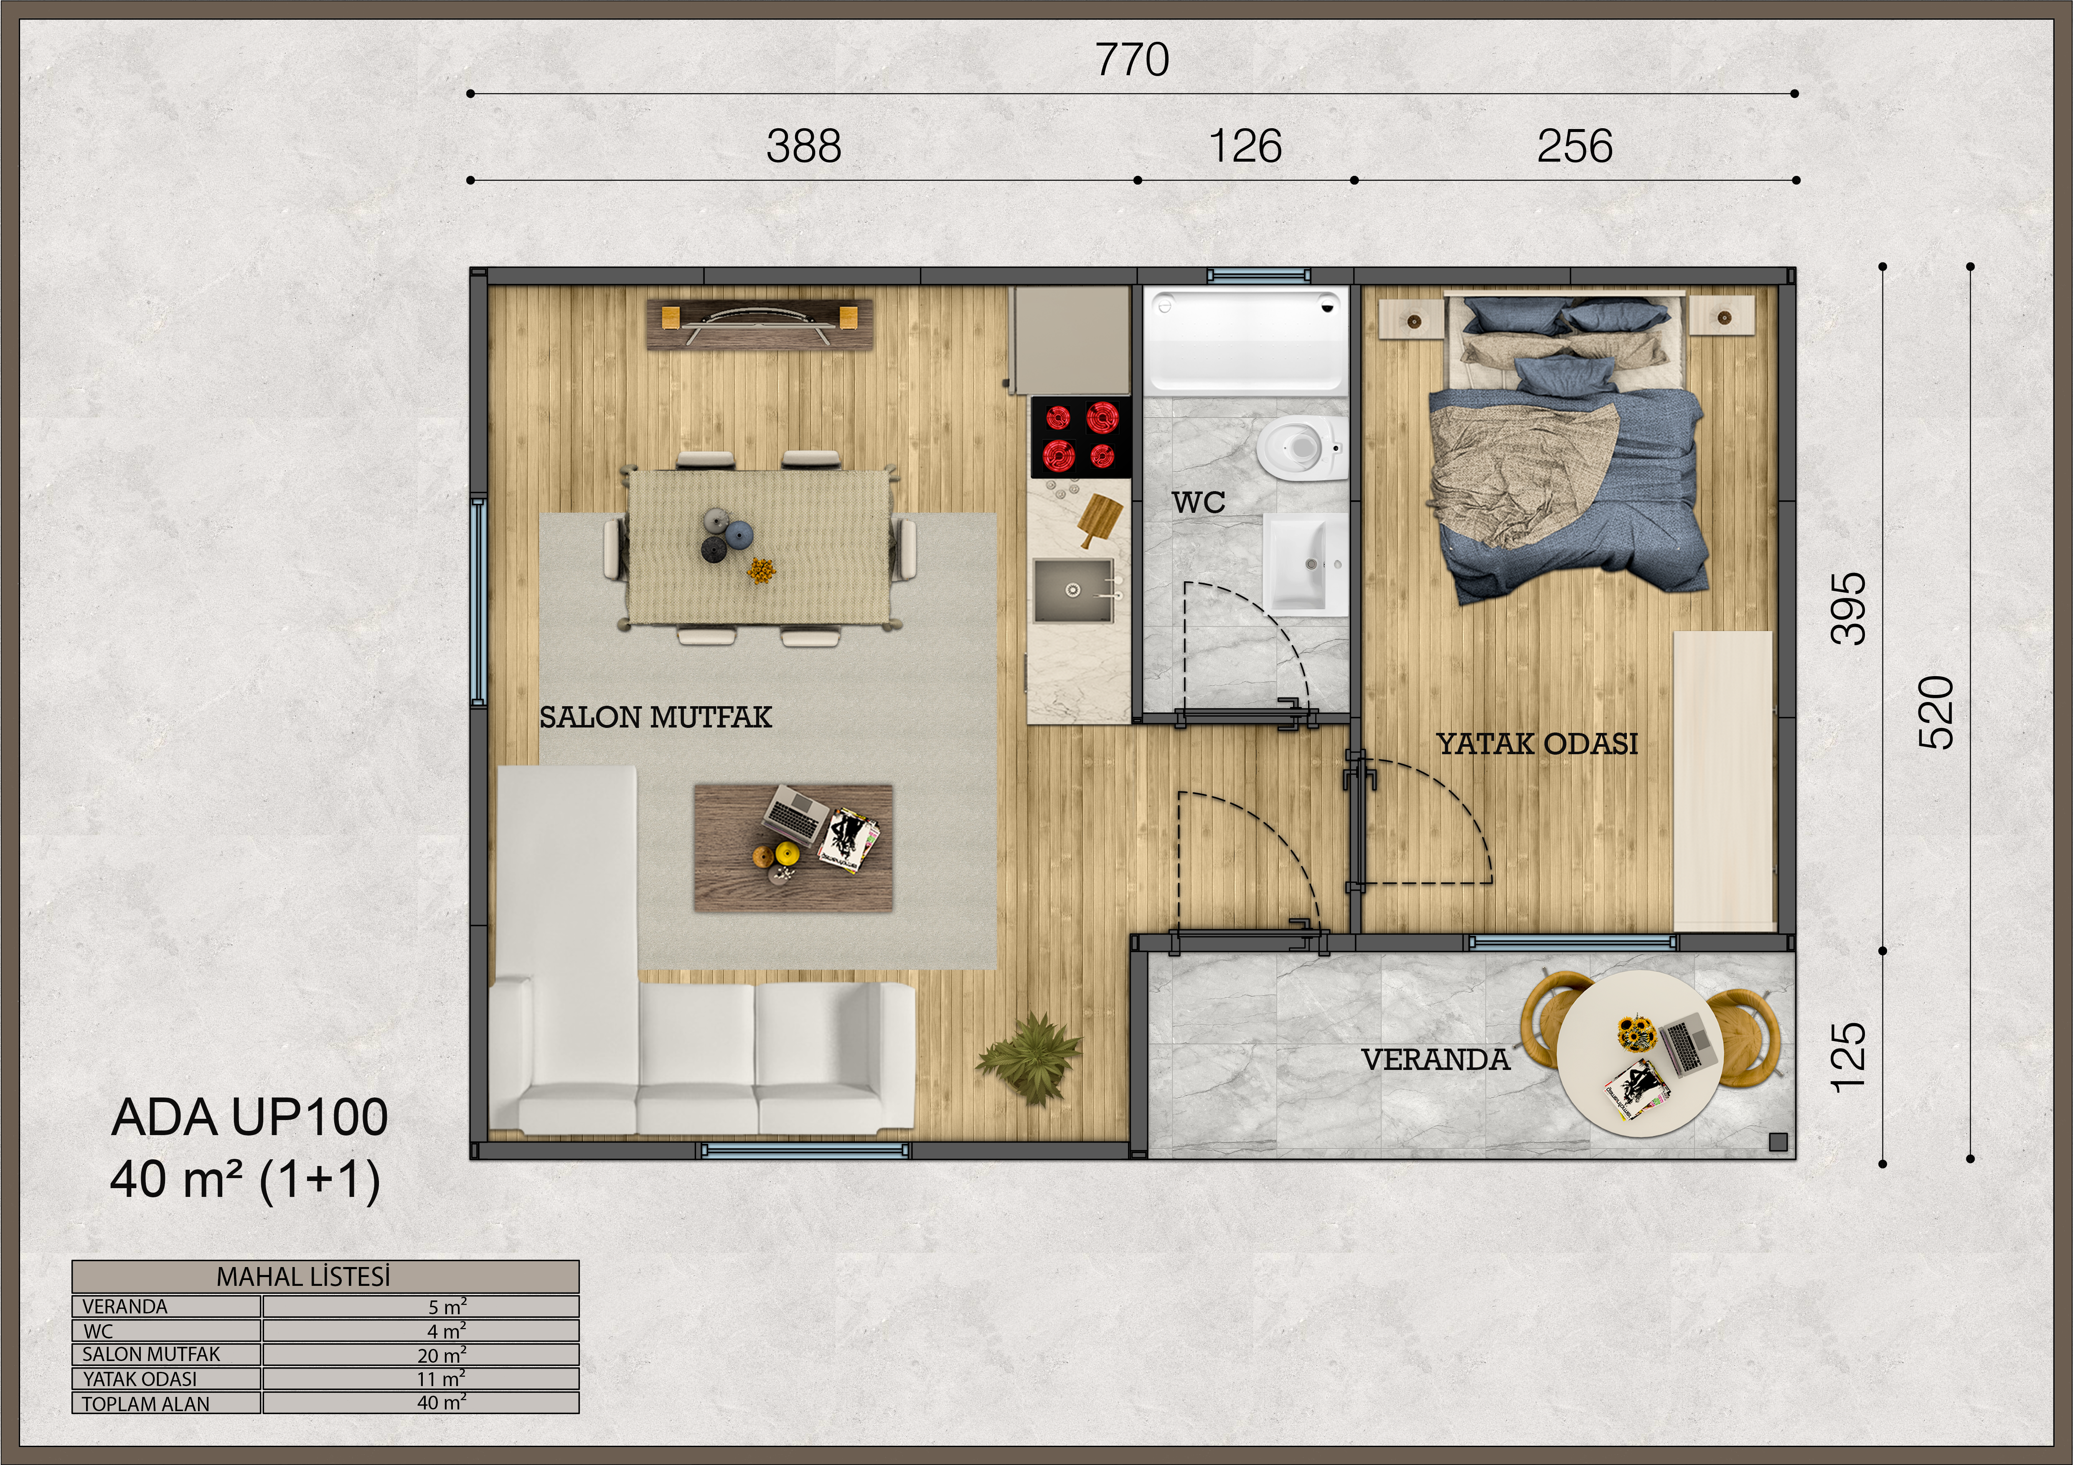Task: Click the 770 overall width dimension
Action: click(x=1132, y=61)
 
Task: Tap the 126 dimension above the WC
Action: click(x=1245, y=146)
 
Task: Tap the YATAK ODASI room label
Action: click(x=1537, y=744)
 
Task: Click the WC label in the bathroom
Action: click(x=1199, y=502)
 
